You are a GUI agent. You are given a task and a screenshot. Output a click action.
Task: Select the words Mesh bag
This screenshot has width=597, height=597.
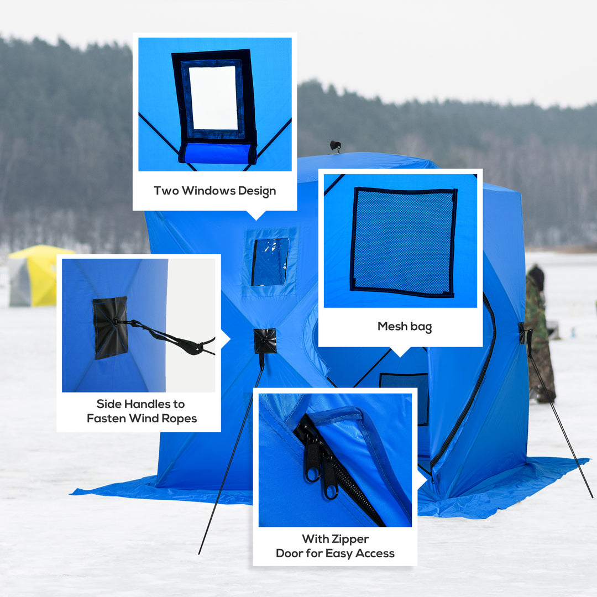tap(404, 326)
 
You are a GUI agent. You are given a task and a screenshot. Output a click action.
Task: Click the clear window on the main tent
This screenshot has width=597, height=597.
tap(270, 261)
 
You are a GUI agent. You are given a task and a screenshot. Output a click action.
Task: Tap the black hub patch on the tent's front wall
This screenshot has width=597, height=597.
tap(265, 341)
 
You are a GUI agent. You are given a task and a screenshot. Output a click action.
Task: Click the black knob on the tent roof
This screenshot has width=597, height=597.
tap(335, 145)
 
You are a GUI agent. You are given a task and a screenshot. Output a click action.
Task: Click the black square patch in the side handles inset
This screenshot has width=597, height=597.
tap(111, 327)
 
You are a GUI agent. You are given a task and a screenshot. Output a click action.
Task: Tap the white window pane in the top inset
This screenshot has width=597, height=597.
tap(213, 98)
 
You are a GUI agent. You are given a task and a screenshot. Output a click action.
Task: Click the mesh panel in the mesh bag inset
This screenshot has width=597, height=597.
tap(403, 241)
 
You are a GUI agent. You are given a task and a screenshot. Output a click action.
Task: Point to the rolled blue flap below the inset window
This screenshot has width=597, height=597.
tap(217, 153)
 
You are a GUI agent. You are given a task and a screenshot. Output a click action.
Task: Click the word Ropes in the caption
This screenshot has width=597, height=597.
tap(179, 418)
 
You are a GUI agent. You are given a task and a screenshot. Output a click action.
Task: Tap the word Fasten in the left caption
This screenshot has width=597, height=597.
tap(106, 418)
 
